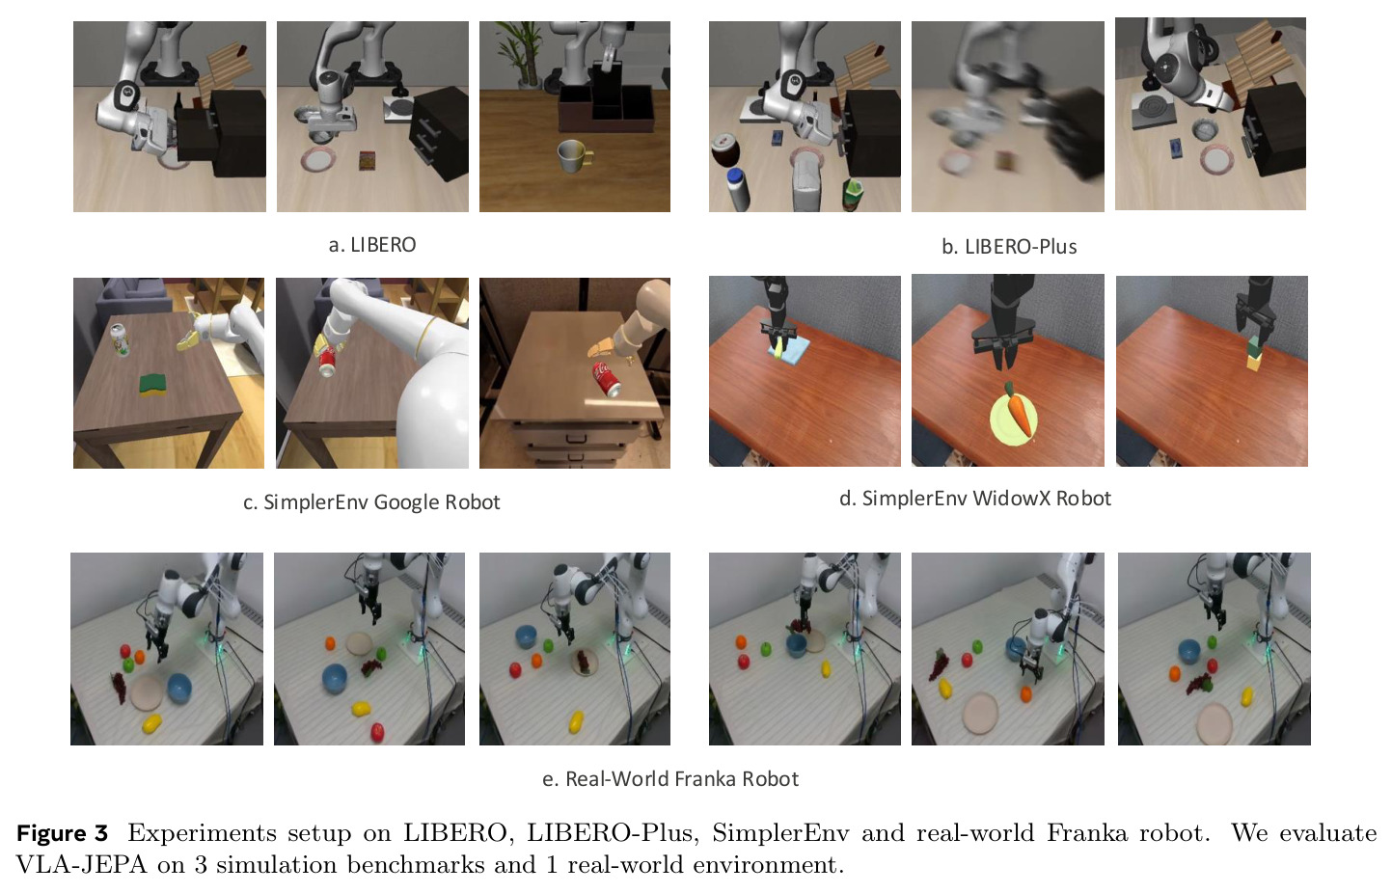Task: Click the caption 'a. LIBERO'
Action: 372,245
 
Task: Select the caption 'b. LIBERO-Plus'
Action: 1009,247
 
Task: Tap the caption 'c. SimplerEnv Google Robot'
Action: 371,502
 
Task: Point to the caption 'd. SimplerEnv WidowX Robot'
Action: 975,499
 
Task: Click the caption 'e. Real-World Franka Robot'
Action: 670,778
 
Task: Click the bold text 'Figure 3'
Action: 62,832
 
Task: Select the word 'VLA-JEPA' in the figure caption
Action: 81,864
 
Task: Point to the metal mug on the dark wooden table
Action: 574,157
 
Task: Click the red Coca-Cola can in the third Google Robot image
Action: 606,378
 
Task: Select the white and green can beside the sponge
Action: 120,339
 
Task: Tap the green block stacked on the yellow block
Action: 1255,347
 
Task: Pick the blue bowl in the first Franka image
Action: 179,689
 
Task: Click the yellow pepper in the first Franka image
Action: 152,723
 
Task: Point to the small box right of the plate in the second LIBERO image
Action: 368,160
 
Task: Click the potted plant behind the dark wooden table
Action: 523,55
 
